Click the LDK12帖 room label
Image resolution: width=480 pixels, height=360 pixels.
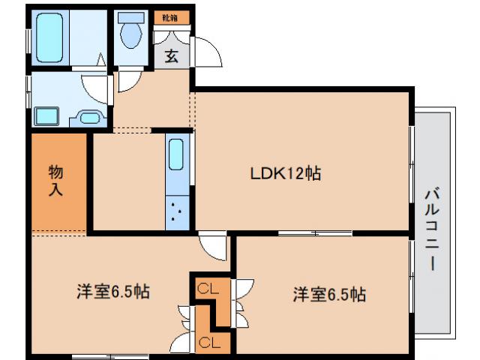286,173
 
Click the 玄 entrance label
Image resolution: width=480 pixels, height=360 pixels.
172,56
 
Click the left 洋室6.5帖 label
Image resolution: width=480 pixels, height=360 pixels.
112,292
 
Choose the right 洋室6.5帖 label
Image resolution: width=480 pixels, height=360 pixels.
329,294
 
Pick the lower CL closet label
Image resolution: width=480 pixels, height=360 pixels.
209,343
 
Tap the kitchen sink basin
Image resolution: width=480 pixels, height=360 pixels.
178,154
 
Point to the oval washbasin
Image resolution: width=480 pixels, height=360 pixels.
90,116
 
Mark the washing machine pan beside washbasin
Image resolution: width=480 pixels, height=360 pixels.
46,116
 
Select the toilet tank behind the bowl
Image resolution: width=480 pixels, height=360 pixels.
132,18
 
